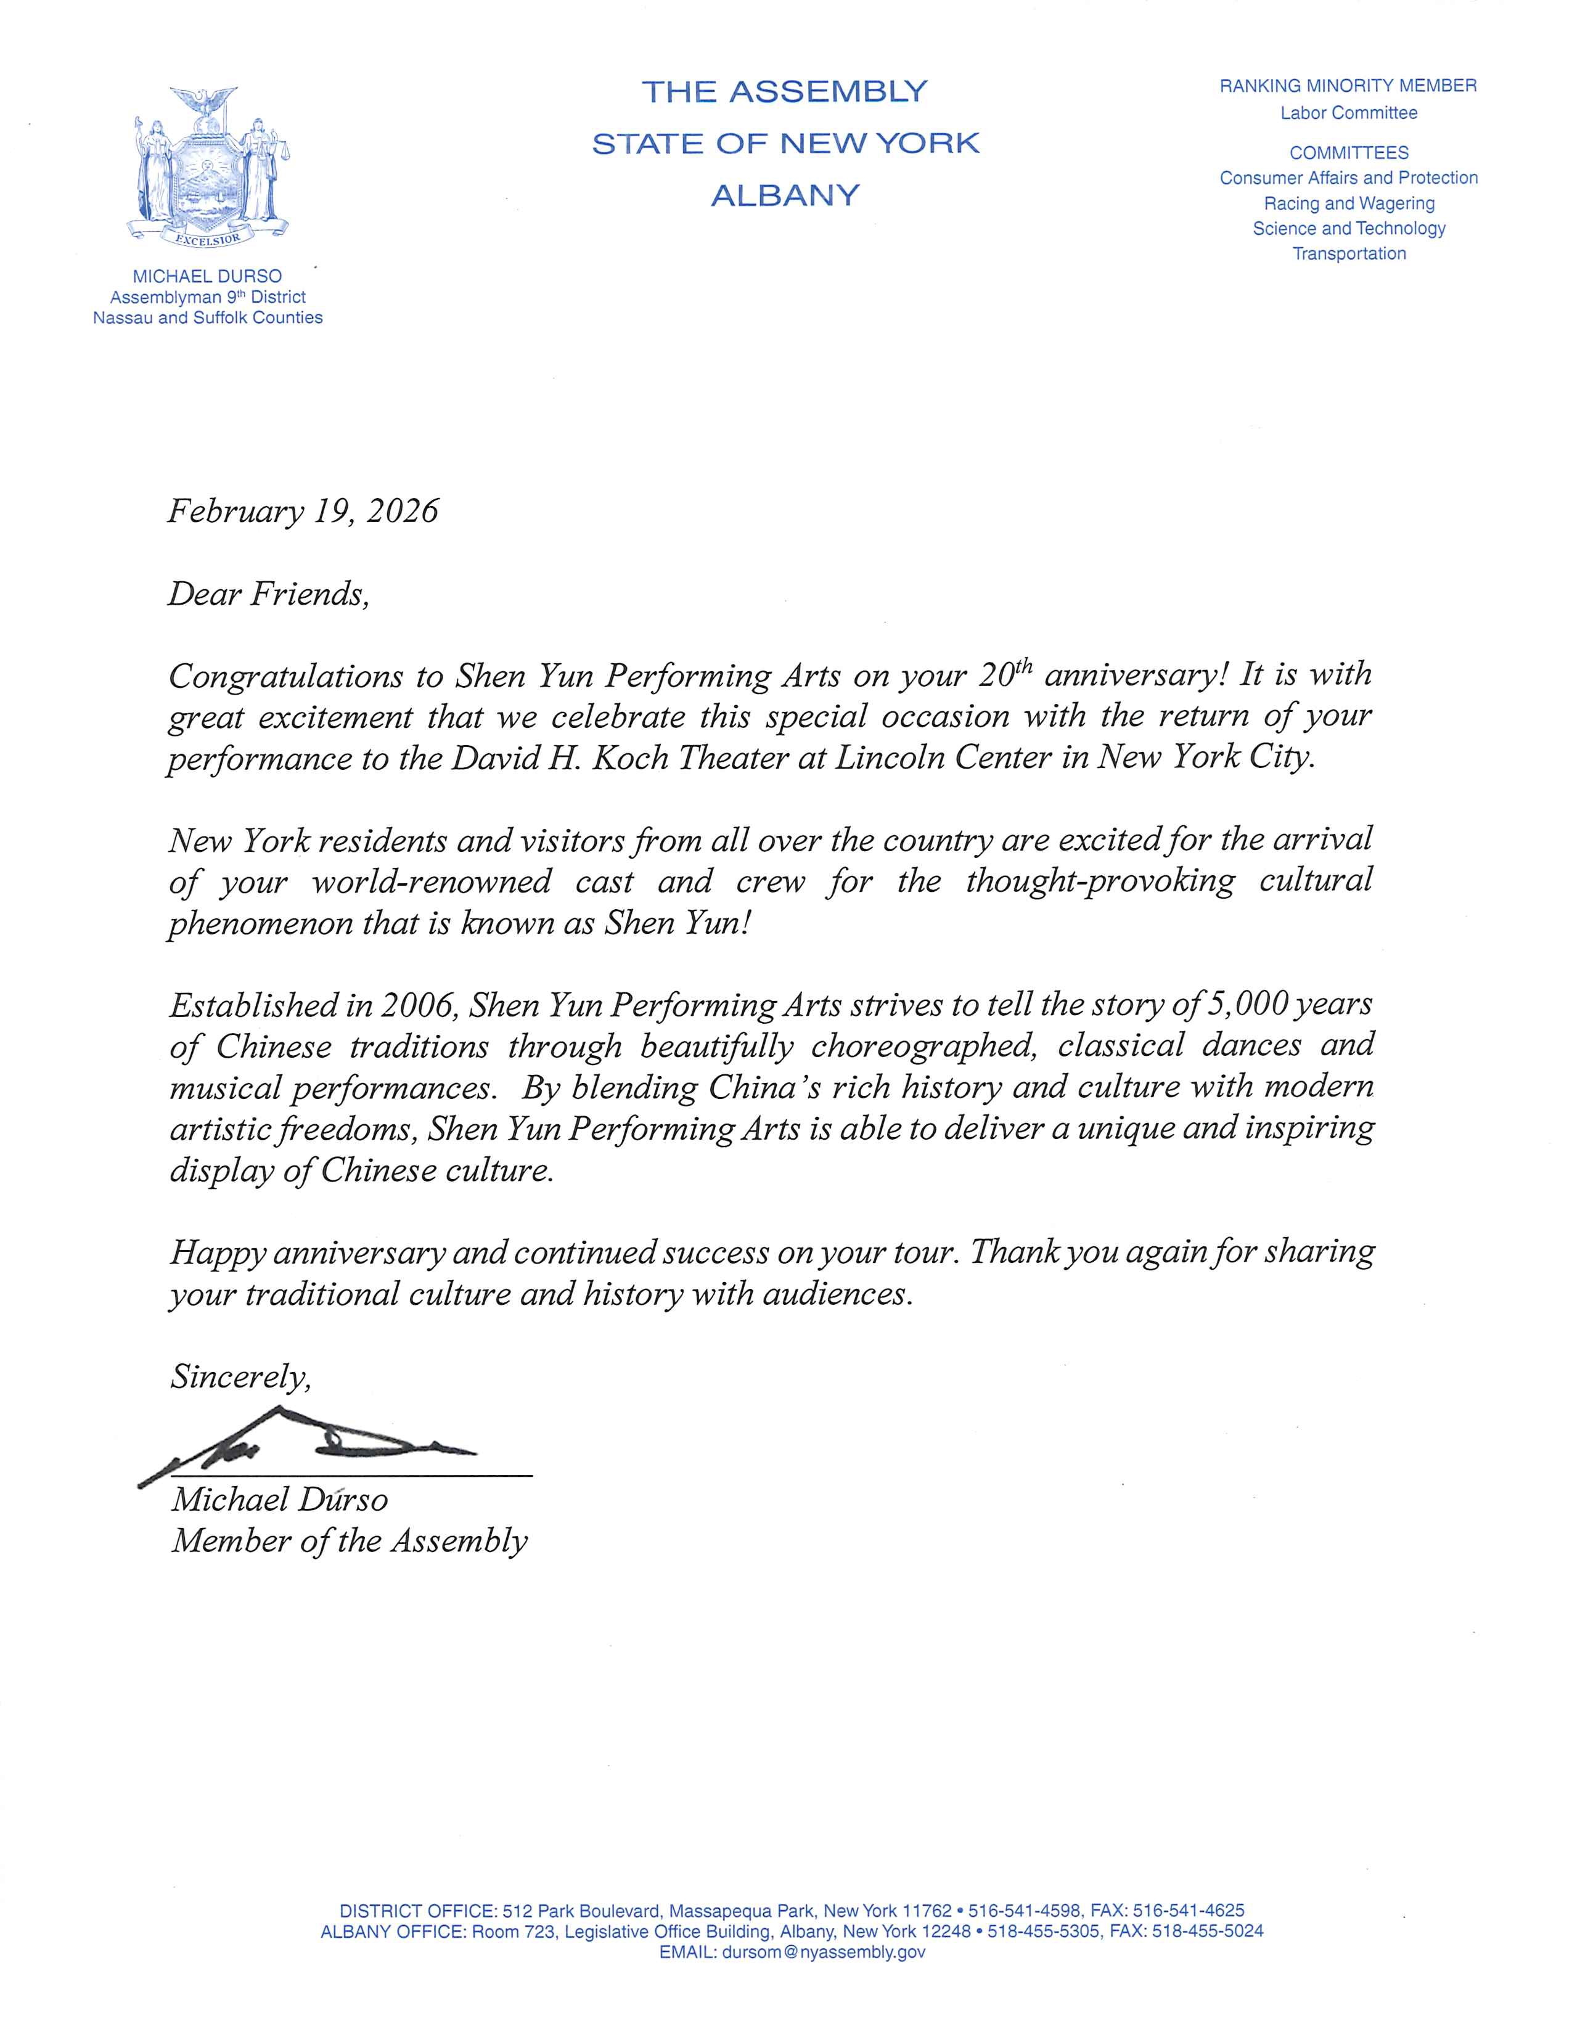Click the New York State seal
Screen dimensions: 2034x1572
click(x=208, y=166)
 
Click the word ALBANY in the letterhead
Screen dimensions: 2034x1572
click(x=785, y=195)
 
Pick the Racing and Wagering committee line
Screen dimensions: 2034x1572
click(x=1348, y=203)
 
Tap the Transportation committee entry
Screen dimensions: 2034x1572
click(x=1348, y=253)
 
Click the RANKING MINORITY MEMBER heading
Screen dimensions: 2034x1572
click(x=1348, y=86)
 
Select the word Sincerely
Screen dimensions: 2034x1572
click(x=240, y=1376)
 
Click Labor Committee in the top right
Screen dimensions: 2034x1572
click(x=1348, y=113)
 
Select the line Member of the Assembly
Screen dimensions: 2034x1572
click(x=349, y=1540)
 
